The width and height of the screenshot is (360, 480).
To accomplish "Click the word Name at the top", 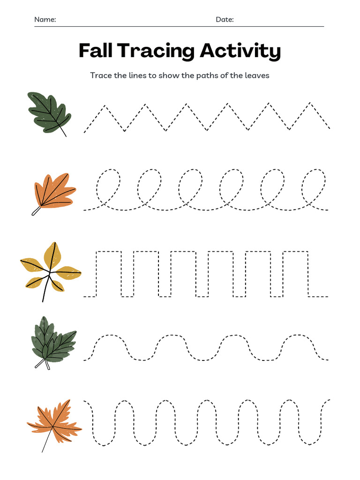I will [x=45, y=20].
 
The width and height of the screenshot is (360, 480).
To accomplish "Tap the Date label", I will [x=224, y=20].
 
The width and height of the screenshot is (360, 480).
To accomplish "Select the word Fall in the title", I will [x=95, y=51].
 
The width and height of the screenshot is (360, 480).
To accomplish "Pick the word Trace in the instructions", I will [x=101, y=75].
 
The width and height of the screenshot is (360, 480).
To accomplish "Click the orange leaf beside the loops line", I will [x=54, y=191].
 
